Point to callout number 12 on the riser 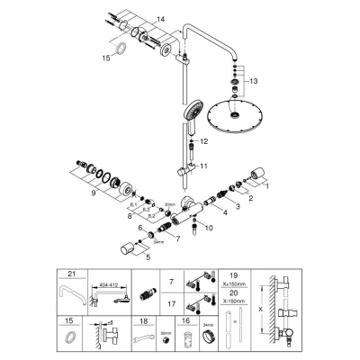click(x=204, y=141)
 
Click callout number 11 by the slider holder click(x=204, y=166)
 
